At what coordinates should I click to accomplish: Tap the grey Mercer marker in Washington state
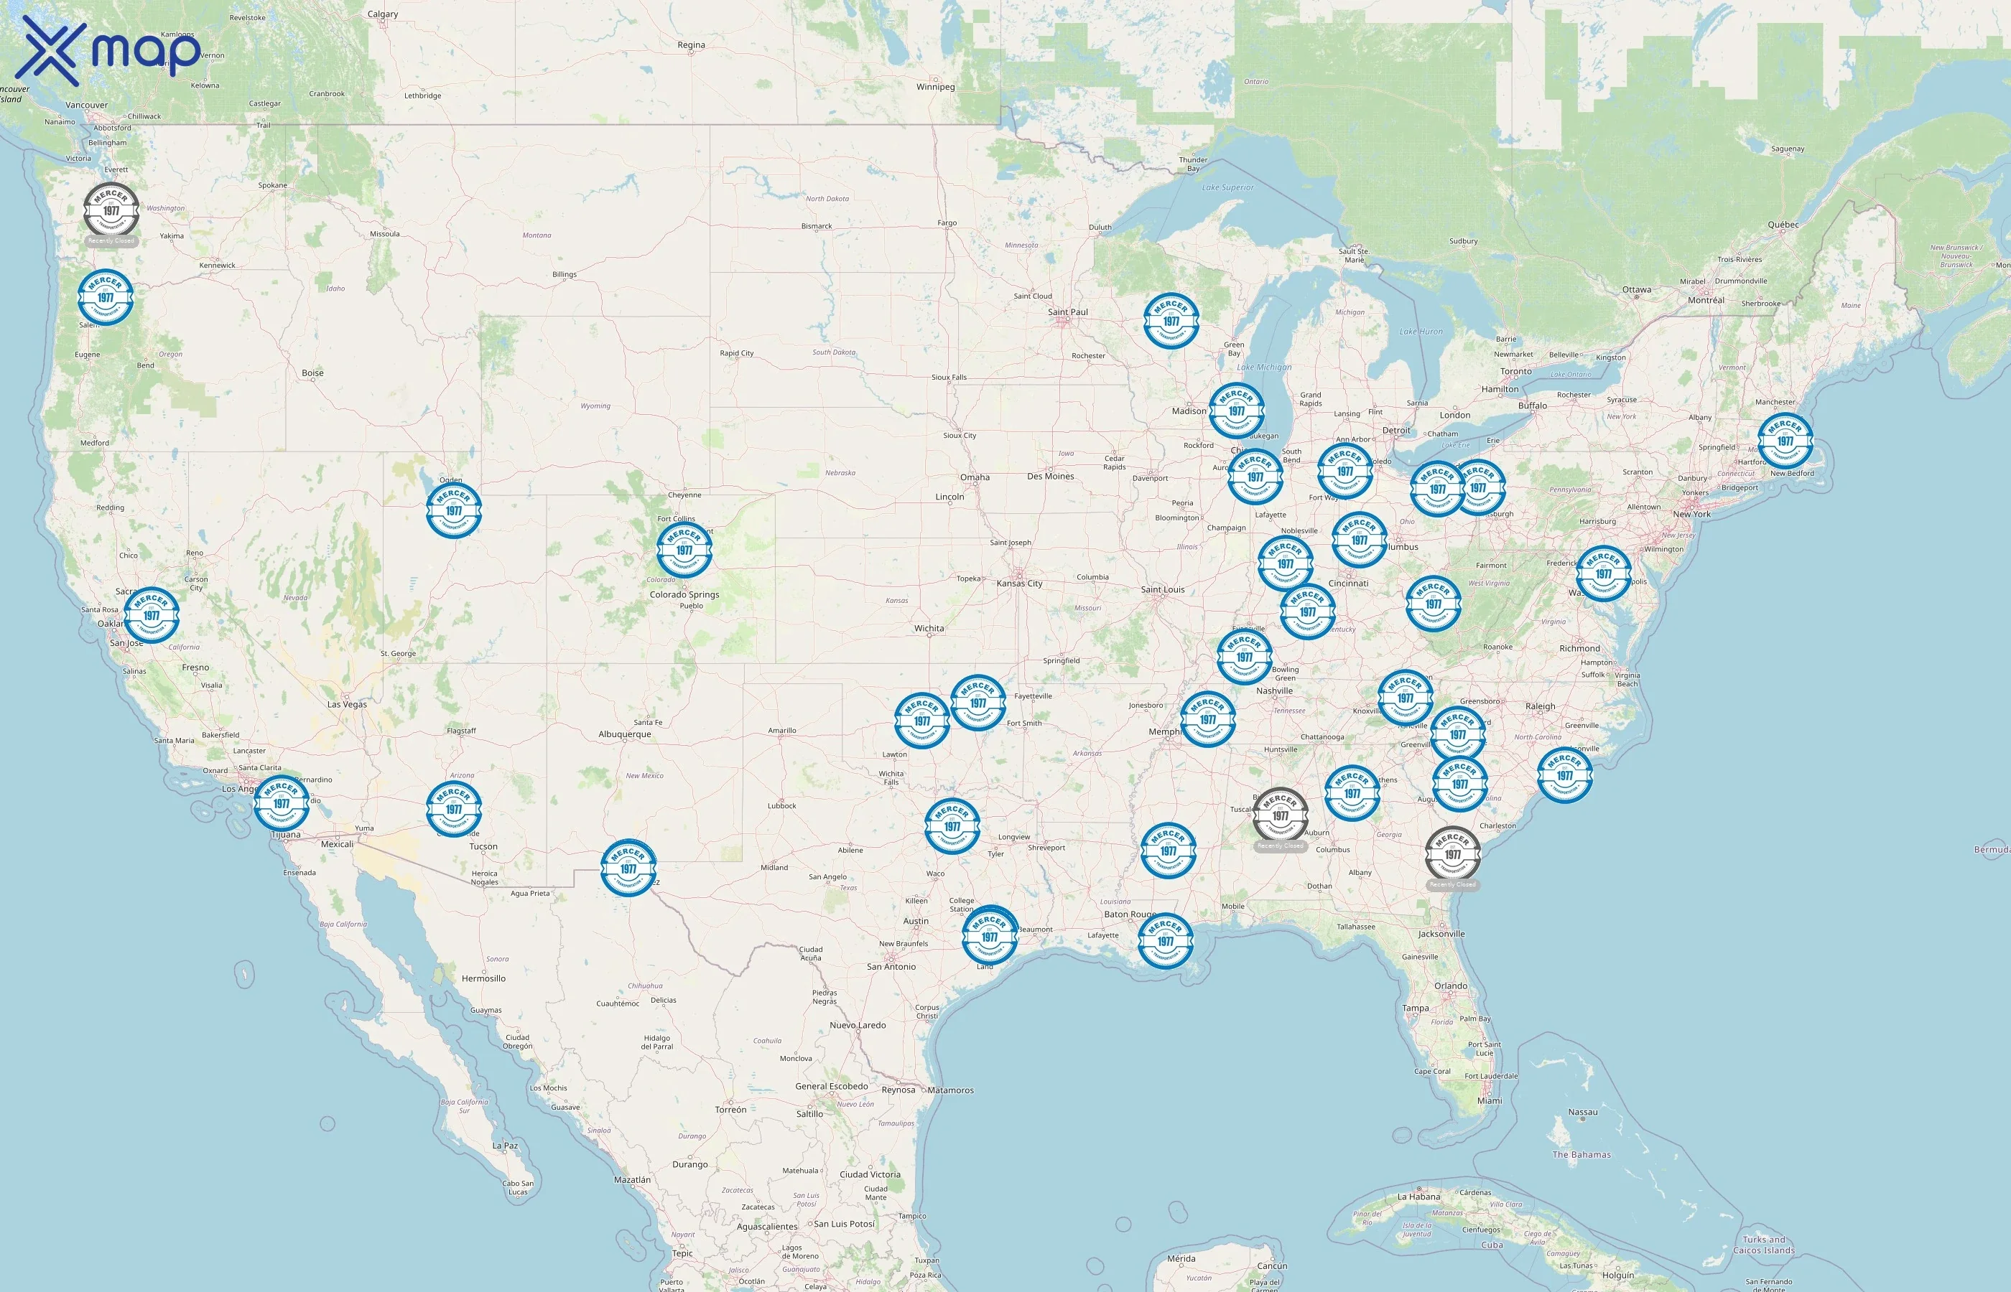click(111, 210)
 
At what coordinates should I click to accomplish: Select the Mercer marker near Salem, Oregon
click(106, 297)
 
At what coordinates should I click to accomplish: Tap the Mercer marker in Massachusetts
click(1785, 441)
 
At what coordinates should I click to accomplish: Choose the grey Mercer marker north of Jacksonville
click(1453, 854)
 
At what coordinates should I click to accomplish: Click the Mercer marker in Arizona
click(454, 809)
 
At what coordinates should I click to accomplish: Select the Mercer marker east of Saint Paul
click(1171, 320)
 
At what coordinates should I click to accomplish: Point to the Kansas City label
click(1019, 583)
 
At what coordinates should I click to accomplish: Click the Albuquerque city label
click(624, 734)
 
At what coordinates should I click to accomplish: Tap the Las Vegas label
click(347, 704)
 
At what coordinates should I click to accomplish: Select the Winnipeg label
click(935, 86)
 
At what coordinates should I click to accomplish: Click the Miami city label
click(1490, 1100)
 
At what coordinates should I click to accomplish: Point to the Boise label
click(312, 373)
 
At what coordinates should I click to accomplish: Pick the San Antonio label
click(891, 966)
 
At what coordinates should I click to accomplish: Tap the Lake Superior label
click(1227, 187)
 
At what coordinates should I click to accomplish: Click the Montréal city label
click(1706, 299)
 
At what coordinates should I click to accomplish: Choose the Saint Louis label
click(1163, 589)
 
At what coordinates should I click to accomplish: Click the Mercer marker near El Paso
click(628, 868)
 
